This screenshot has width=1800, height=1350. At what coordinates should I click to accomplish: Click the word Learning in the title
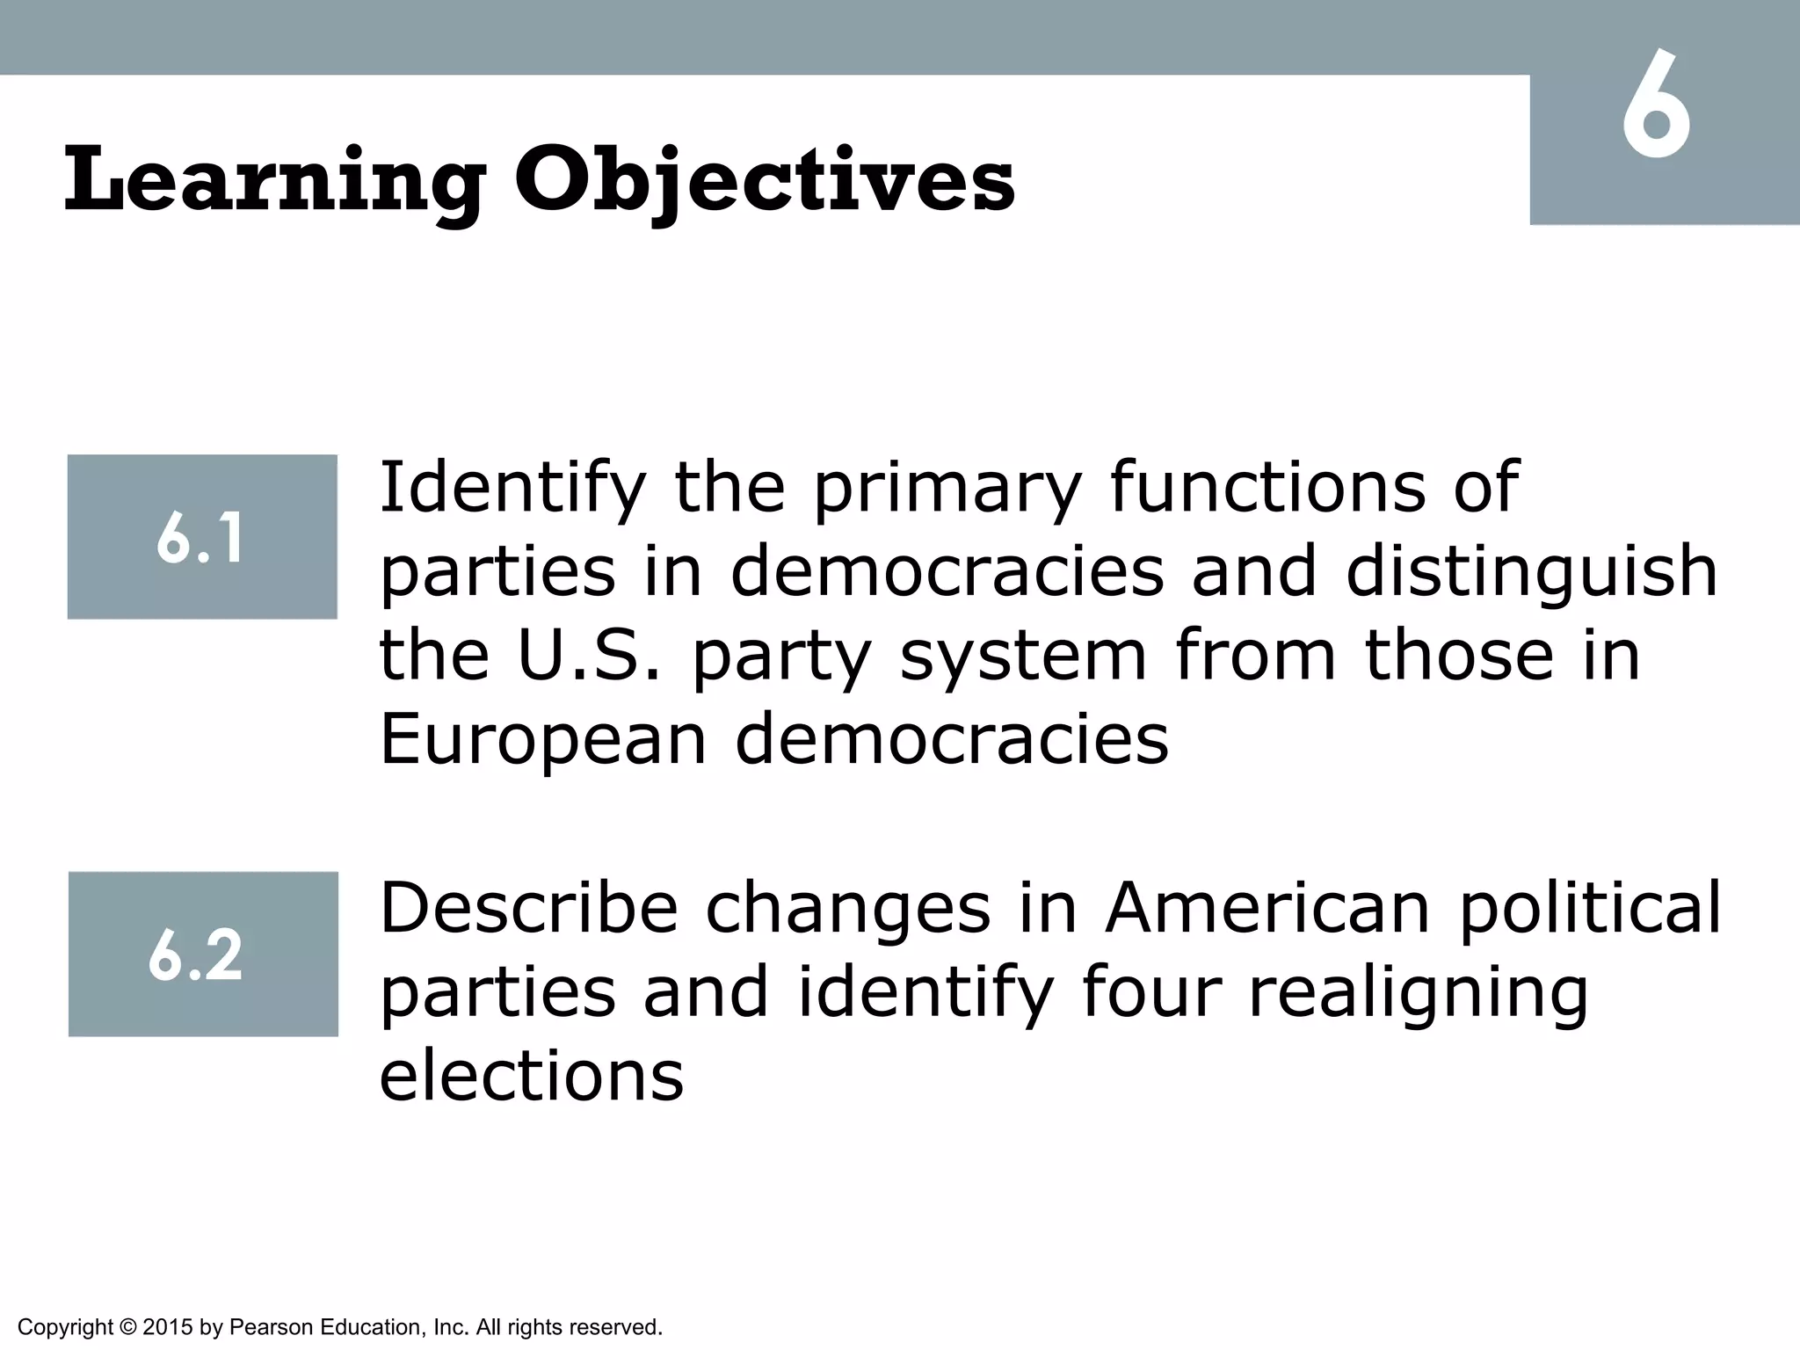click(273, 182)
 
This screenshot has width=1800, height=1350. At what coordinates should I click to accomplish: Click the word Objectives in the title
click(764, 182)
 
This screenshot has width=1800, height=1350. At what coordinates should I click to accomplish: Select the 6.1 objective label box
click(202, 537)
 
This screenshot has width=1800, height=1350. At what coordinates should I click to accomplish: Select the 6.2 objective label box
click(203, 954)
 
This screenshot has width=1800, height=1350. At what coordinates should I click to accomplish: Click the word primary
click(947, 490)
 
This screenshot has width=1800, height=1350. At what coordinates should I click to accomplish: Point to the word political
click(1589, 910)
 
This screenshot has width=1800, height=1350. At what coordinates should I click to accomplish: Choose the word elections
click(531, 1076)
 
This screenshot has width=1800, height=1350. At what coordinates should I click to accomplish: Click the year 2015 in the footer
click(167, 1327)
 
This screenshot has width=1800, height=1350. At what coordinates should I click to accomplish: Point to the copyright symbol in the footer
click(127, 1327)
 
